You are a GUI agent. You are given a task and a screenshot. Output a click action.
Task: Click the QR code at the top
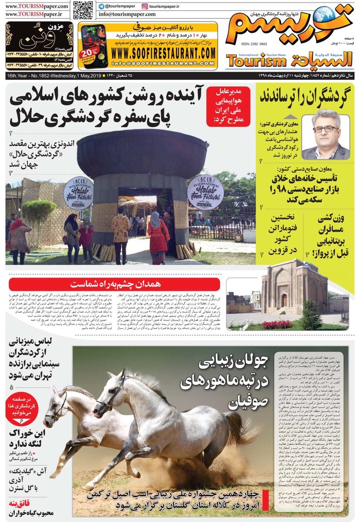83,10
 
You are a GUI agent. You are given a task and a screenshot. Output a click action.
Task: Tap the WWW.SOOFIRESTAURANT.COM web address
164,53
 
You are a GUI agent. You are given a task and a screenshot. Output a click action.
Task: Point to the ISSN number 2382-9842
254,45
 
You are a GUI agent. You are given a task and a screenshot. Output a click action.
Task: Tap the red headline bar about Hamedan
114,283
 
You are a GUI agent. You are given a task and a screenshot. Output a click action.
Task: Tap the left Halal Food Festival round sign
78,193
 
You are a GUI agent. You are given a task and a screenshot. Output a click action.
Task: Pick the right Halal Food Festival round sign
205,192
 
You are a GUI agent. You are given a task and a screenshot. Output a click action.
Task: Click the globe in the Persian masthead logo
324,14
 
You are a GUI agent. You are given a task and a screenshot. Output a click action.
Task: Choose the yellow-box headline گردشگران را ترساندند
305,96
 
